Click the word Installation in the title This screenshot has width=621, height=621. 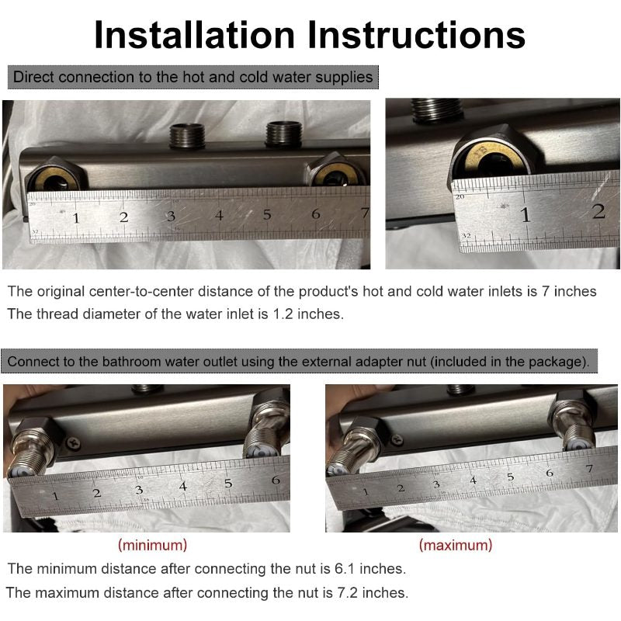click(195, 35)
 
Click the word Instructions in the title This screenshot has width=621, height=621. click(417, 35)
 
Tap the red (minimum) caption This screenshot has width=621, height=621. click(152, 546)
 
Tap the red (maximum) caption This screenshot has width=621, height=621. click(456, 546)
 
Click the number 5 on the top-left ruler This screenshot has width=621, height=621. click(267, 215)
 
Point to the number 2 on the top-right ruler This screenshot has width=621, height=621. click(598, 212)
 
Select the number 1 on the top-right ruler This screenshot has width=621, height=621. click(526, 215)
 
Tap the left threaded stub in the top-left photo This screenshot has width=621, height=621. click(187, 136)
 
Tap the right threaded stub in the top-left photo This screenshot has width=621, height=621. click(283, 134)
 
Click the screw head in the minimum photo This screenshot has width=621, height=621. click(73, 442)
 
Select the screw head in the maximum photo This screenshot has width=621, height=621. click(397, 439)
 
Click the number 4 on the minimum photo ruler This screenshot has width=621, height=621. click(182, 487)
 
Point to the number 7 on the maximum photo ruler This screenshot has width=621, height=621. click(590, 469)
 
